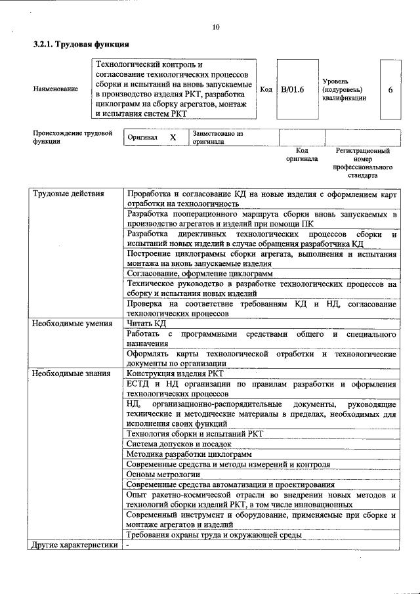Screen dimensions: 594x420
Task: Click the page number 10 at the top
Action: (x=216, y=28)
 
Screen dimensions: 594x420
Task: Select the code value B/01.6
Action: (x=293, y=89)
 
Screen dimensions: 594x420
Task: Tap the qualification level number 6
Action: (x=390, y=89)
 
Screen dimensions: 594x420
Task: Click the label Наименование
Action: (x=56, y=89)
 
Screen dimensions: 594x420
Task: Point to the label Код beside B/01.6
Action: (x=266, y=89)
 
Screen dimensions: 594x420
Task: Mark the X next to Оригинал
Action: (x=173, y=138)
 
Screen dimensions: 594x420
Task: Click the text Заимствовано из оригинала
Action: (x=218, y=137)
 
